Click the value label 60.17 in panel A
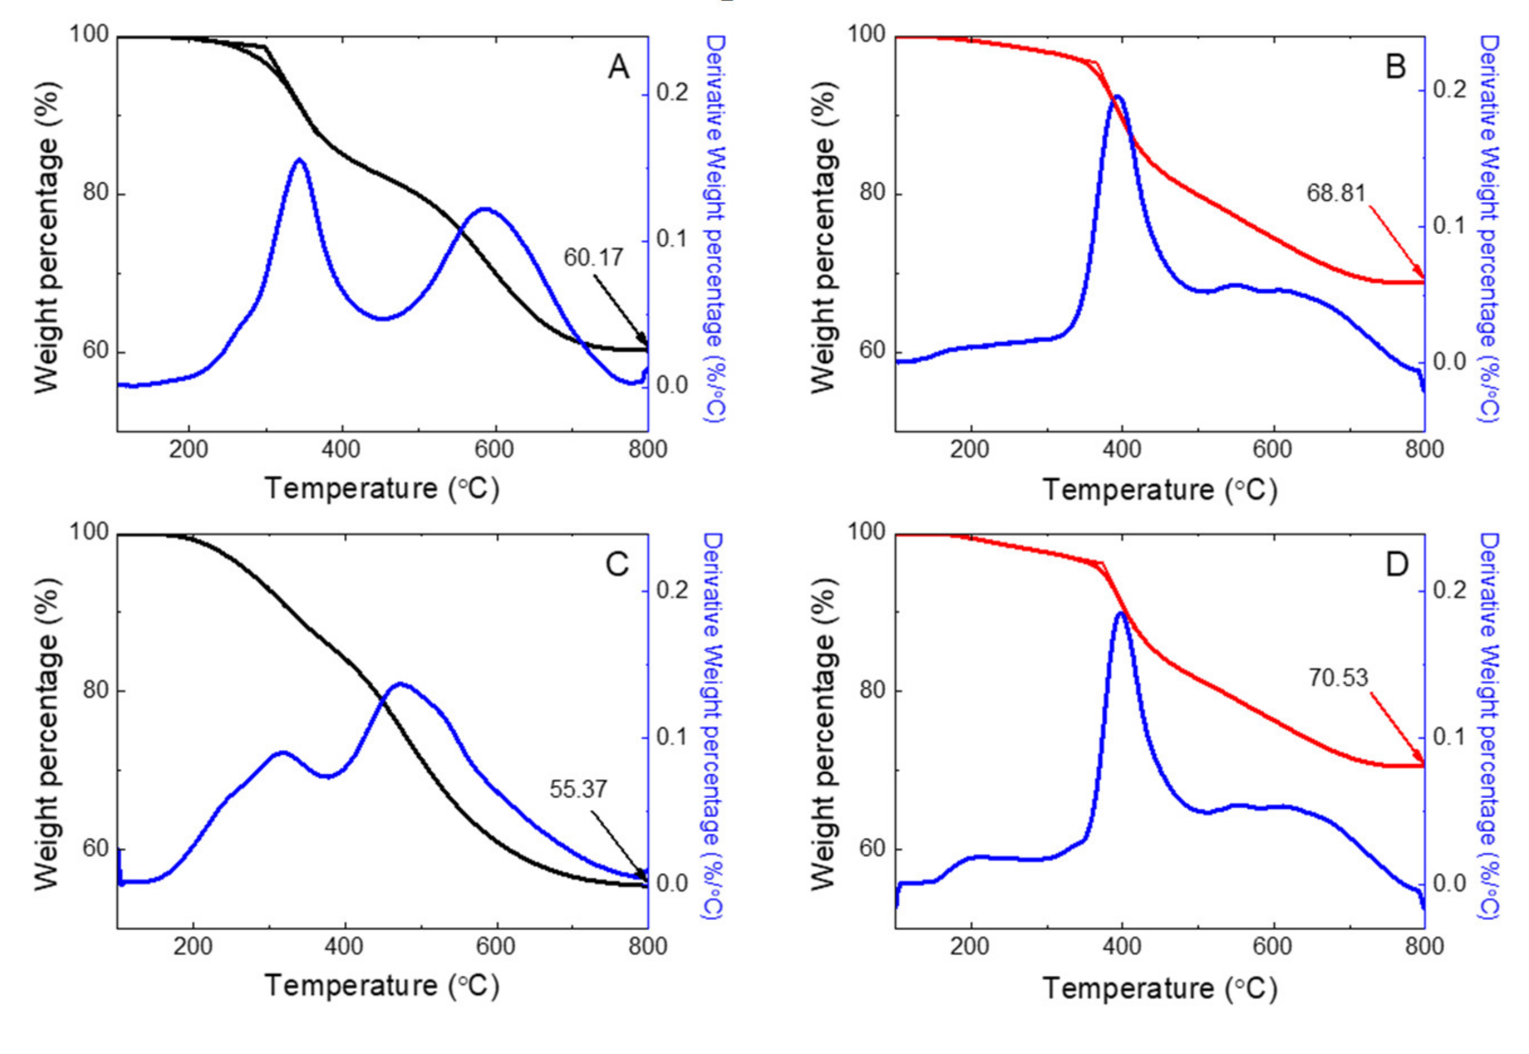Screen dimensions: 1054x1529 593,258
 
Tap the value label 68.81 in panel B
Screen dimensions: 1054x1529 1336,193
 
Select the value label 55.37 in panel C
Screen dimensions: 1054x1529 578,789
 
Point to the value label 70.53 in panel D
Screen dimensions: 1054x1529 1339,678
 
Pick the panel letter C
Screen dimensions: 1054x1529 617,565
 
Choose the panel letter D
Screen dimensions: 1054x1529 1397,565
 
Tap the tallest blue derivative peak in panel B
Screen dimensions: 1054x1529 1117,97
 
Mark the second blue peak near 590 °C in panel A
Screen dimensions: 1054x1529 485,209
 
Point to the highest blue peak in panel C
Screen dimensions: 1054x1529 400,684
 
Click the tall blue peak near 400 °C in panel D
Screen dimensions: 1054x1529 1120,614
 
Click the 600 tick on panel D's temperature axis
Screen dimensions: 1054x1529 1272,947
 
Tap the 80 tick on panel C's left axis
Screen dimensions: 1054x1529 96,691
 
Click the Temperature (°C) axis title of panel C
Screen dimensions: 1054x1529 382,986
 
